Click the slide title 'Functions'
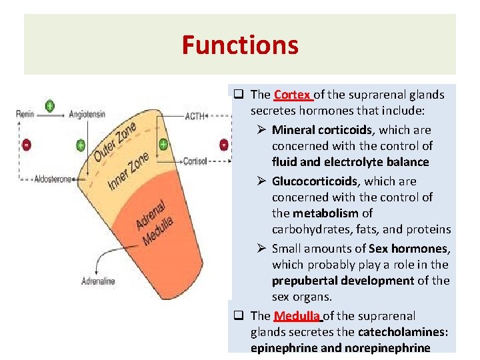(240, 45)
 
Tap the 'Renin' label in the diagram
(26, 114)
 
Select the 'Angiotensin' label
(87, 114)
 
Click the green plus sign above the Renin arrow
(49, 105)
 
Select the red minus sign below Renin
(27, 145)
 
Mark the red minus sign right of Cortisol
(224, 144)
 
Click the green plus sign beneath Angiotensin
(80, 144)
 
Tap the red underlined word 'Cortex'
(292, 95)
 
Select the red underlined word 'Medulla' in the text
(297, 315)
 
